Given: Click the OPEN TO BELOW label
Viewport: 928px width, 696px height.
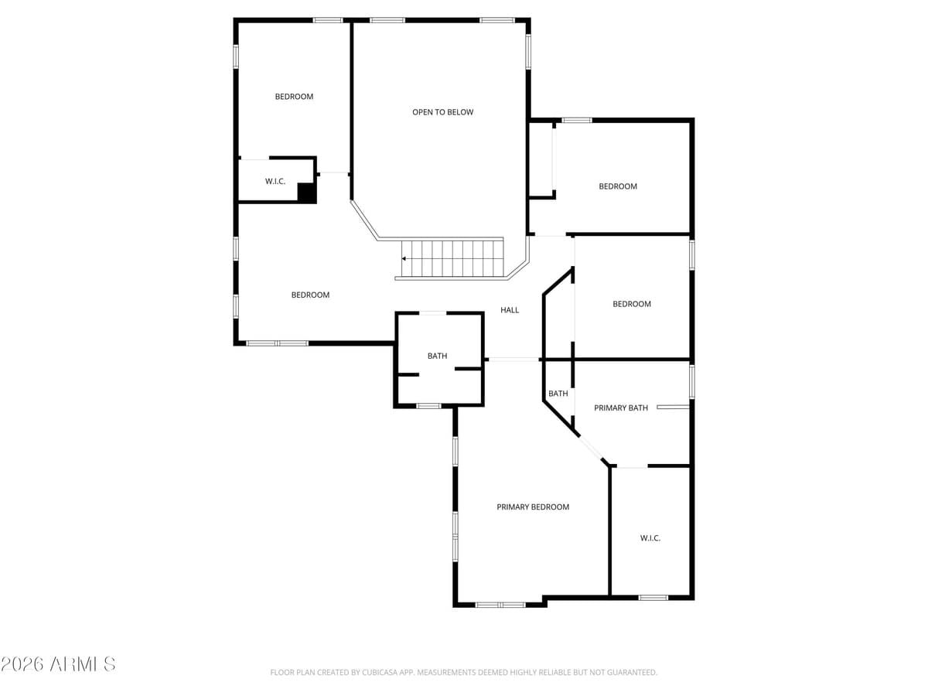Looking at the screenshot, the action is coord(442,112).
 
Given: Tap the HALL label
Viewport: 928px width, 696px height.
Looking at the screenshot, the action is coord(510,310).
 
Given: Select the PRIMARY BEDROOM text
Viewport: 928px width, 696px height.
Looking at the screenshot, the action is coord(533,507).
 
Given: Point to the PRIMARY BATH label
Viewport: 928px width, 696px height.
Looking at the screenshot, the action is coord(621,408).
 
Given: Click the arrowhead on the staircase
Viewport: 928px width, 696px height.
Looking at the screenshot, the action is coord(404,258).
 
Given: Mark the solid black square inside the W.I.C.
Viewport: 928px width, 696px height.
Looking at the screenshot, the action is coord(307,193).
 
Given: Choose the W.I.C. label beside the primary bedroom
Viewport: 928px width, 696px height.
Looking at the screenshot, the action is coord(650,538).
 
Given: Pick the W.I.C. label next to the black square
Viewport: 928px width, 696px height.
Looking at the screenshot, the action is coord(275,181).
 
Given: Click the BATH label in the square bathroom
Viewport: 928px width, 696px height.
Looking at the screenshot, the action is coord(437,356).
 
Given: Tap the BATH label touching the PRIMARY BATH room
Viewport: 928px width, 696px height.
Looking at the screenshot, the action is coord(558,394).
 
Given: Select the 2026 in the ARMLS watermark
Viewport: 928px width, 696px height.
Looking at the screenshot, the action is coord(22,664).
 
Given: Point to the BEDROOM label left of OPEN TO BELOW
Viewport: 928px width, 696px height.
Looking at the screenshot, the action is coord(294,97).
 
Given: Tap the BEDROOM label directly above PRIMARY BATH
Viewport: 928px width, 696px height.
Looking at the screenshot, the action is coord(632,304).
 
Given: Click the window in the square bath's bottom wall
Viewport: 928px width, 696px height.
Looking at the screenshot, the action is coord(428,406).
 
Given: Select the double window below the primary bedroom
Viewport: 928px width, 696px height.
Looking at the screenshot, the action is coord(500,605).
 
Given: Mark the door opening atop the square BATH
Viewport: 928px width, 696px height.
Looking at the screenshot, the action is coord(432,313).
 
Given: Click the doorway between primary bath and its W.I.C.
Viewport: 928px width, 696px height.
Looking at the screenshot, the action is coord(632,466).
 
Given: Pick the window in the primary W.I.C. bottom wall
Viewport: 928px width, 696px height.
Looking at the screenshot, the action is coord(653,598).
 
